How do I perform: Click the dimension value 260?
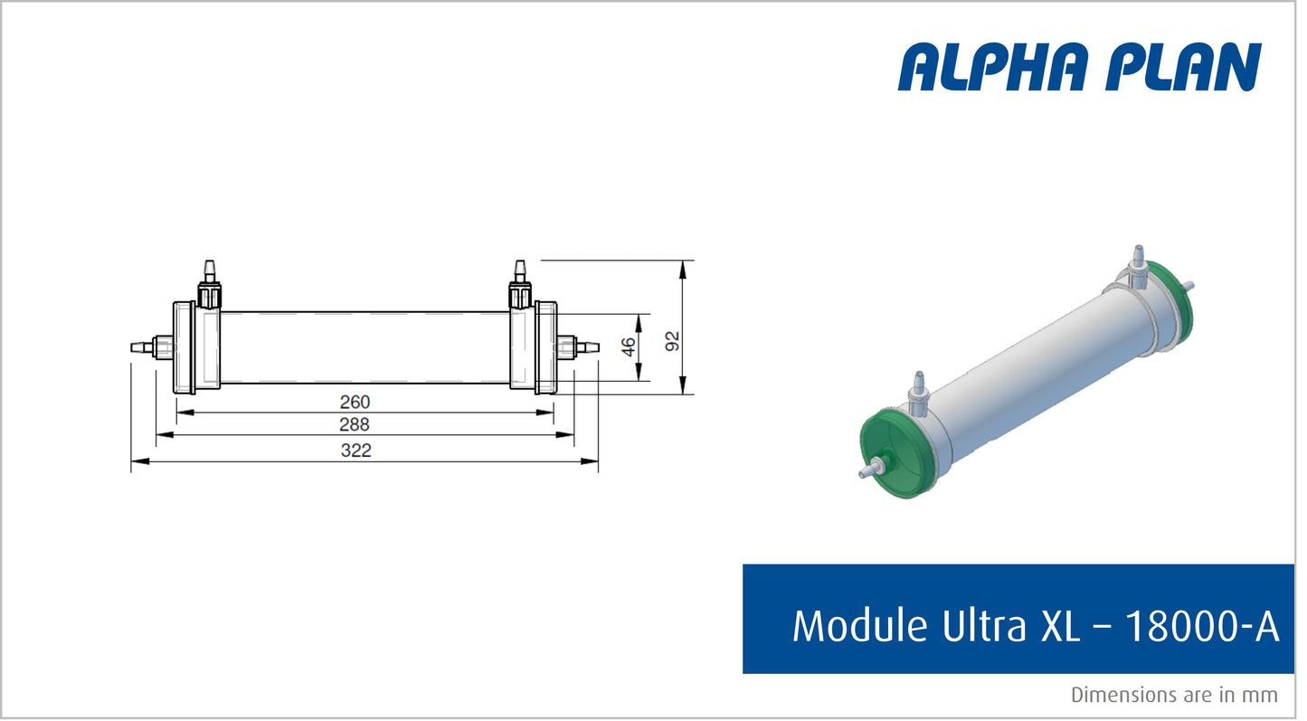click(355, 402)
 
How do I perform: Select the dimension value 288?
click(355, 424)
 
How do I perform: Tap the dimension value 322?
click(355, 451)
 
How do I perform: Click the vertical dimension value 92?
click(671, 340)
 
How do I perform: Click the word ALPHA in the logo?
click(995, 67)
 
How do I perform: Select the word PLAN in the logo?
click(1184, 67)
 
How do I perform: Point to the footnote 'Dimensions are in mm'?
click(1174, 695)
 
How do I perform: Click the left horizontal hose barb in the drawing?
click(142, 346)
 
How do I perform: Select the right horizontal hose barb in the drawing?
click(587, 346)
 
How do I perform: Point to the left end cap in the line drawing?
click(185, 347)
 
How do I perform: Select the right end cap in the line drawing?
click(545, 347)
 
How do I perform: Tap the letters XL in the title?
click(1060, 626)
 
